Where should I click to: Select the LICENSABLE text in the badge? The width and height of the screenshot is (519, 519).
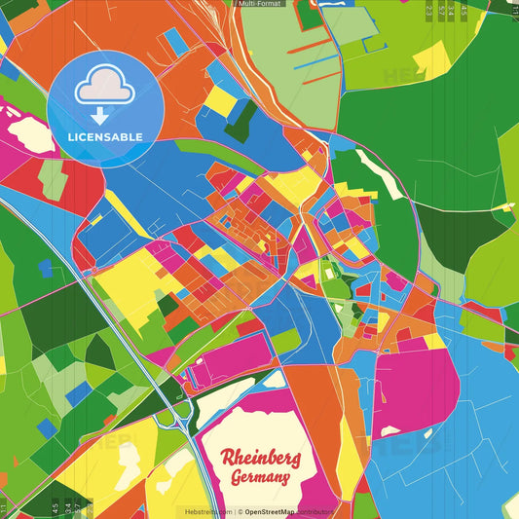[x=105, y=137]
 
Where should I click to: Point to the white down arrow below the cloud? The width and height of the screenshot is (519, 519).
[x=100, y=116]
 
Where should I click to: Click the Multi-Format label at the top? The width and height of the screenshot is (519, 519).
[x=259, y=4]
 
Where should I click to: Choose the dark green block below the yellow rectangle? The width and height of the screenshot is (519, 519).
[x=241, y=121]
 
